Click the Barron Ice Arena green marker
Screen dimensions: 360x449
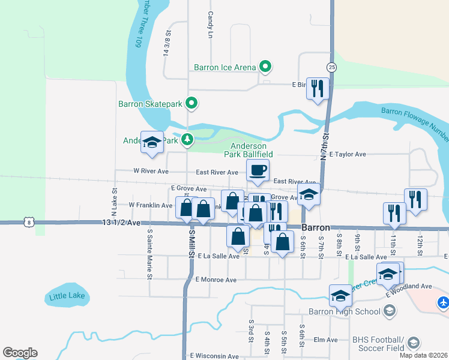coord(265,67)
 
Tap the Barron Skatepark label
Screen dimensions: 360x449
coord(150,104)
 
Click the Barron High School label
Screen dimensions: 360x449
coord(344,311)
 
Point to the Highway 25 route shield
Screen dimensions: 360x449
coord(331,66)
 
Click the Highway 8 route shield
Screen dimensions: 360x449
coord(29,222)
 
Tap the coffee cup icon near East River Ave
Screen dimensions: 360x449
coord(258,170)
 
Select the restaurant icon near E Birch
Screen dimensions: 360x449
coord(316,88)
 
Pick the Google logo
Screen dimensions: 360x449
coord(20,353)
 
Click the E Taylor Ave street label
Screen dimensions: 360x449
coord(348,154)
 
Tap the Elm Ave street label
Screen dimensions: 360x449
coord(327,340)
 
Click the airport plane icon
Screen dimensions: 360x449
coord(443,302)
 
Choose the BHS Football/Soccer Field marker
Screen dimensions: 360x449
coord(413,343)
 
